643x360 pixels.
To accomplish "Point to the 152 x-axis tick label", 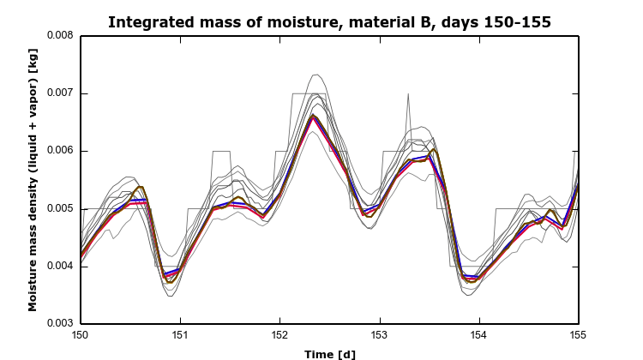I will pos(279,335).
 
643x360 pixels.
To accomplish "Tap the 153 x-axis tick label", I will pos(379,335).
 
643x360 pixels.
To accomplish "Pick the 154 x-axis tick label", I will pos(478,335).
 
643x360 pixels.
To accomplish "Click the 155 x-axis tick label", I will pos(578,335).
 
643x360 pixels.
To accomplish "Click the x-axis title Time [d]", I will pos(329,353).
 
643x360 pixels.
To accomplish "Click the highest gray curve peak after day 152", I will pos(315,75).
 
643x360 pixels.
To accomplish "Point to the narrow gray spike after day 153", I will pos(409,94).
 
